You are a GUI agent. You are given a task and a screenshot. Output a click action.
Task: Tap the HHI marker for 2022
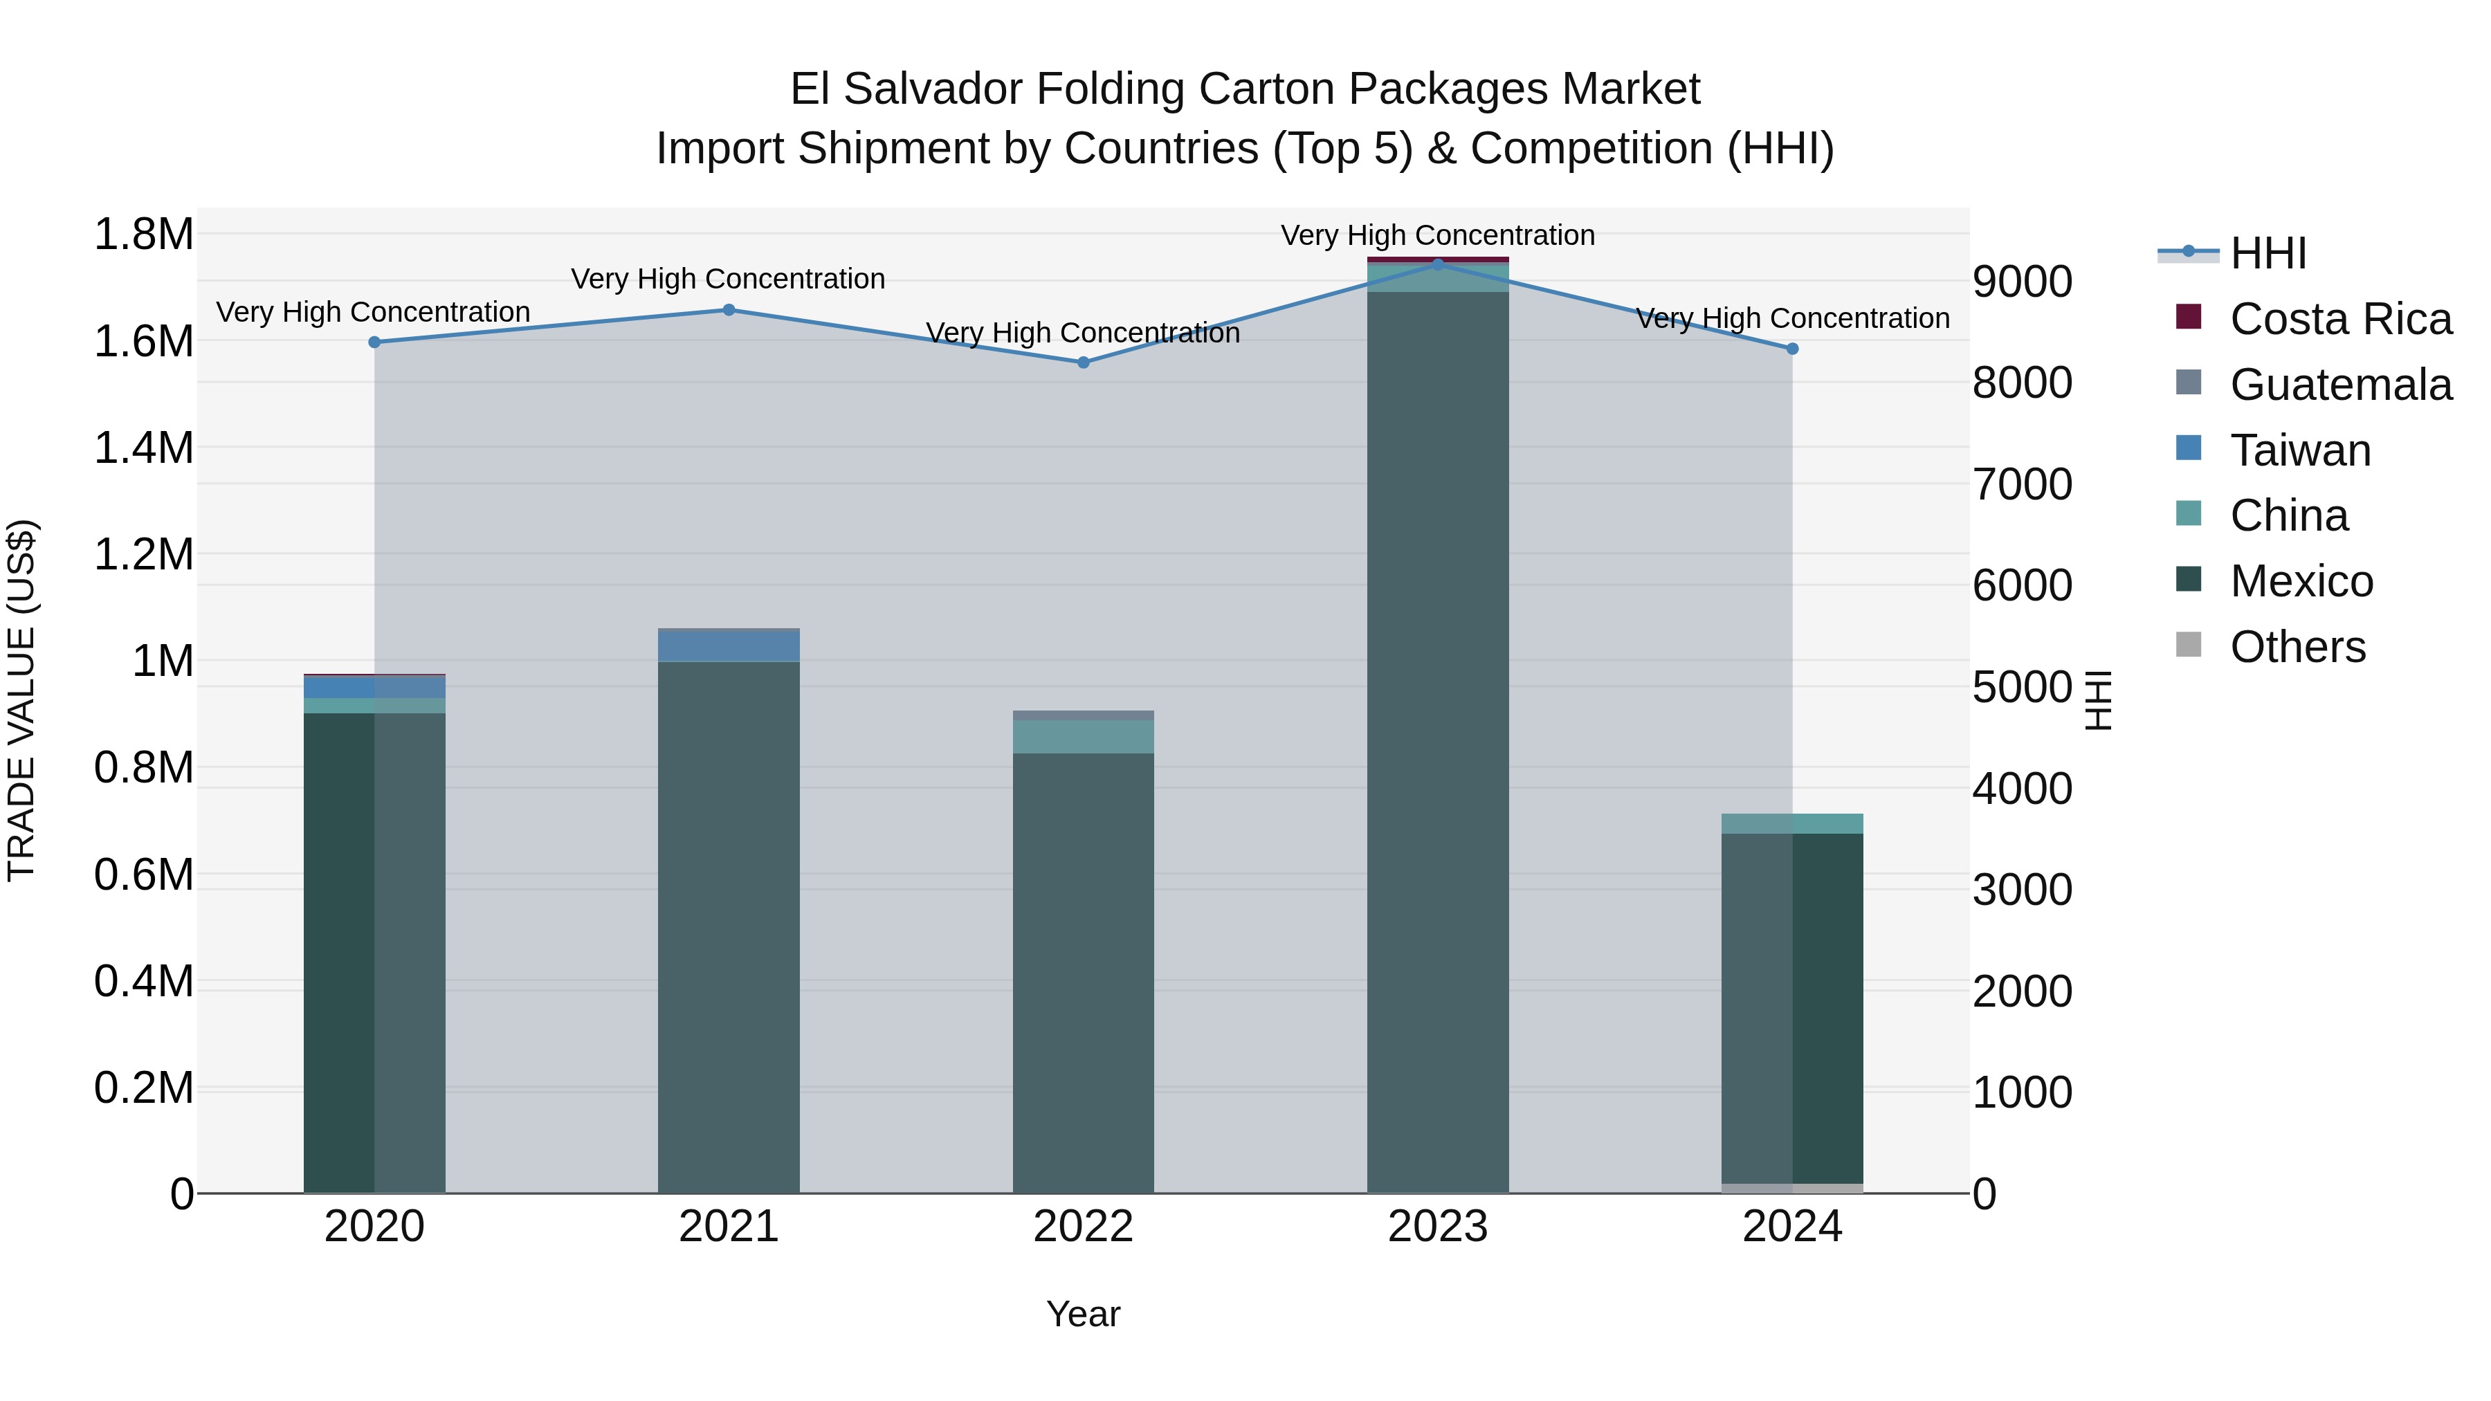click(1083, 363)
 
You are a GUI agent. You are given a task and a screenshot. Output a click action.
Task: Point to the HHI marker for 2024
click(1792, 349)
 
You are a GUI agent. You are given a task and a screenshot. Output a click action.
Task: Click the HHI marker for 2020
click(374, 342)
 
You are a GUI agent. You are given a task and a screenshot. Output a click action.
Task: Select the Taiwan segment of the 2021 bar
click(729, 645)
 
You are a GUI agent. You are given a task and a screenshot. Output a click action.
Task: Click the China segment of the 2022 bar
click(1083, 736)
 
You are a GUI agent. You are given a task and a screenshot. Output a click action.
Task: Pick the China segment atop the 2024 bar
click(1792, 824)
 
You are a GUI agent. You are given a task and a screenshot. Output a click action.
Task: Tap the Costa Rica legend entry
click(2340, 319)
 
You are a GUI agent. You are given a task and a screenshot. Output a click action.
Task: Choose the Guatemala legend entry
click(2340, 385)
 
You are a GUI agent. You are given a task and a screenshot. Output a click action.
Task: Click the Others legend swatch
click(2189, 645)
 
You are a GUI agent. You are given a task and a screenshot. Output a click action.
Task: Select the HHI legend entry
click(2268, 253)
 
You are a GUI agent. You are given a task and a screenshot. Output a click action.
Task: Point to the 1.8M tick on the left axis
click(143, 235)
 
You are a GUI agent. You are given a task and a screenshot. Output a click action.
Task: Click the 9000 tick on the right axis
click(2022, 282)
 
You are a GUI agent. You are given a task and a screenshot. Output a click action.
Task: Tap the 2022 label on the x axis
click(1083, 1227)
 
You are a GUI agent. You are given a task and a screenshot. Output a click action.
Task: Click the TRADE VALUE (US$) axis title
click(21, 700)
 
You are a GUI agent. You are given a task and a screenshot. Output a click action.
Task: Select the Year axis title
click(1083, 1314)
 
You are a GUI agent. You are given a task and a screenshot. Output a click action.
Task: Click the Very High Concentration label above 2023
click(1437, 235)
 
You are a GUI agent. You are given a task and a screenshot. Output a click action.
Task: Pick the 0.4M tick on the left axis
click(143, 981)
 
